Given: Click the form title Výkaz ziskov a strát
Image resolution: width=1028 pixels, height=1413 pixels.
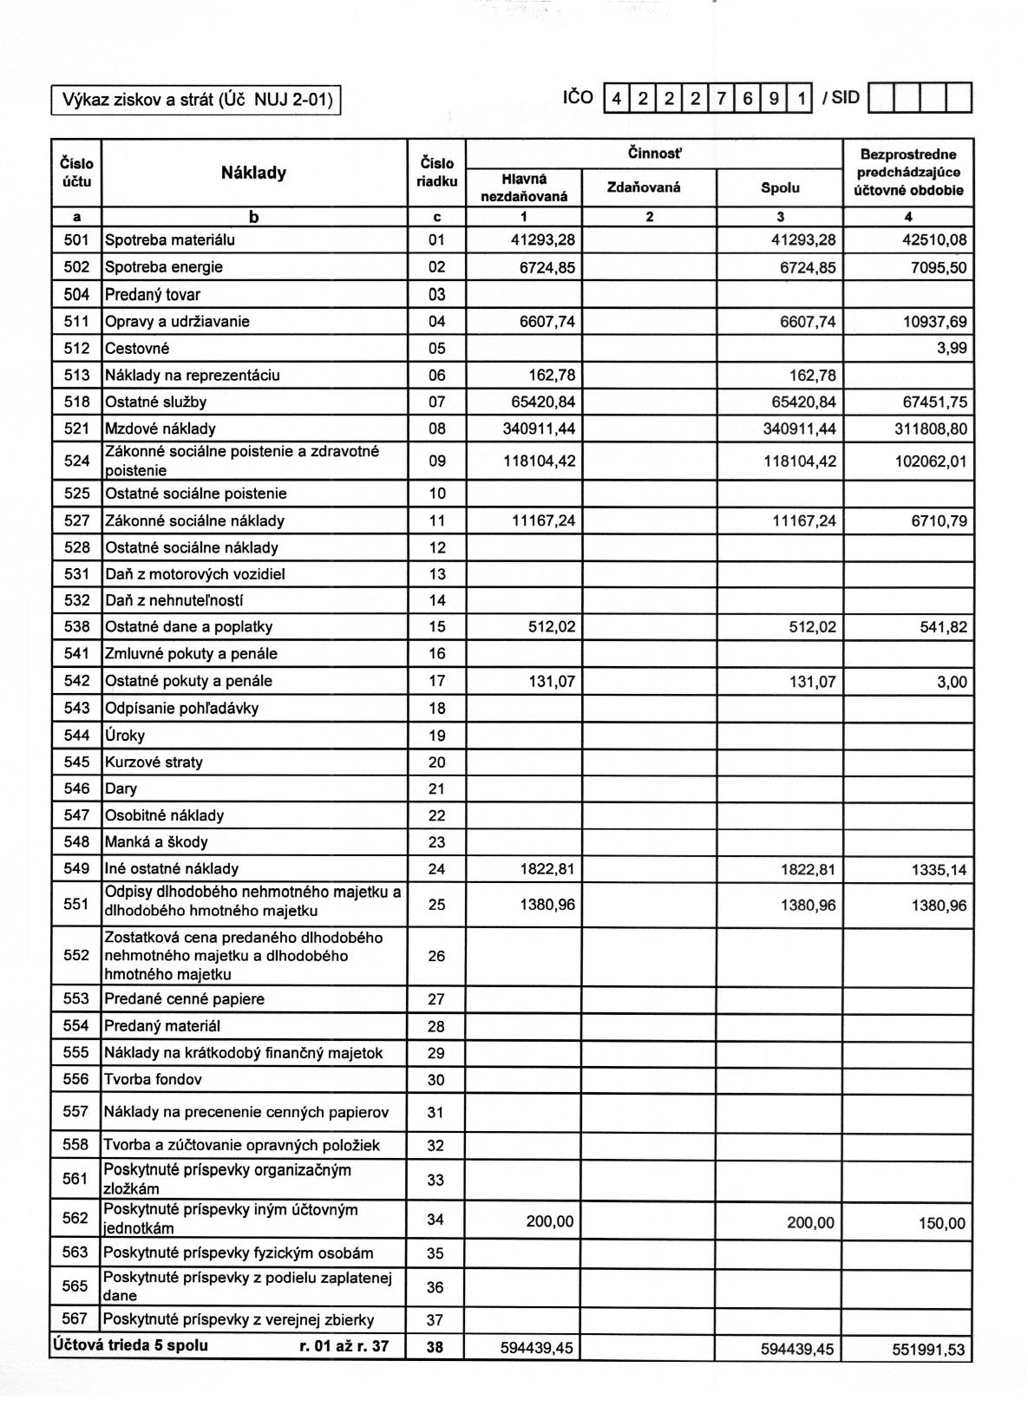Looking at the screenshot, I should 196,100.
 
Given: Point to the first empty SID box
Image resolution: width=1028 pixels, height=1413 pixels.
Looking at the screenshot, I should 881,98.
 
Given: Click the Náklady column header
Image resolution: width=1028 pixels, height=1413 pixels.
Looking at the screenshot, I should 253,173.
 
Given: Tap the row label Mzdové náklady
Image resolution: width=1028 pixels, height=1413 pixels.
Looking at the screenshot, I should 160,428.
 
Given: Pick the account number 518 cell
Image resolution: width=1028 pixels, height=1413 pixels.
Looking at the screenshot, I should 76,402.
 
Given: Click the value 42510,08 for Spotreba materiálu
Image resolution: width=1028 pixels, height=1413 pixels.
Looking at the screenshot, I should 933,240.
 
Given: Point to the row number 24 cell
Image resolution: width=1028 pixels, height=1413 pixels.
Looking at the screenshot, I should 436,869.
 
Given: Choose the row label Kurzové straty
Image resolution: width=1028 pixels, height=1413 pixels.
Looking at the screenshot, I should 154,762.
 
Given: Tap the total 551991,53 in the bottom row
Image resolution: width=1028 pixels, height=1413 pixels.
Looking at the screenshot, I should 928,1350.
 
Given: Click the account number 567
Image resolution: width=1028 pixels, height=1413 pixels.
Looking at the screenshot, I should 75,1319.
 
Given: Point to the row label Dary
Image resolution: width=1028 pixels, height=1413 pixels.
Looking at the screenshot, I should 121,789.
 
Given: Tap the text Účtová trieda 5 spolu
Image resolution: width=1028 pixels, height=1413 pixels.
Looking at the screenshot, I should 130,1346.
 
